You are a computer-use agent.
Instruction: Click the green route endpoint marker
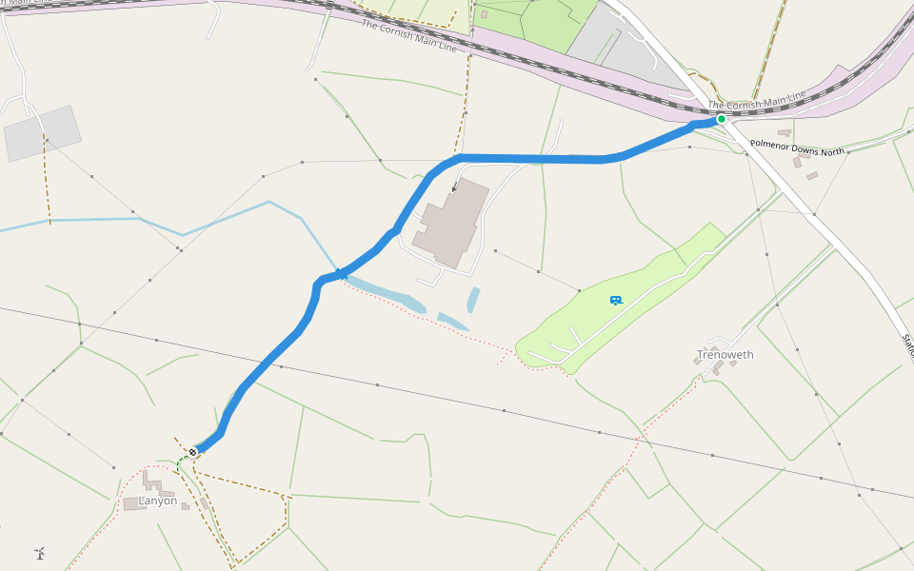tap(722, 119)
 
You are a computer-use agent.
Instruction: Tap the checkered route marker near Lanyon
tap(192, 451)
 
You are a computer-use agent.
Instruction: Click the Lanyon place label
tap(158, 501)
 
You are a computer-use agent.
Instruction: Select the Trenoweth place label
tap(725, 355)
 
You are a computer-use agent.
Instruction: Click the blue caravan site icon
tap(616, 300)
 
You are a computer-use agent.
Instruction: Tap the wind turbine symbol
tap(40, 552)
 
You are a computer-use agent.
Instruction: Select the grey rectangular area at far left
tap(43, 133)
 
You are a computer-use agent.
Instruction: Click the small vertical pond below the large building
tap(473, 300)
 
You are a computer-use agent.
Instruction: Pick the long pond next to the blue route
tap(386, 293)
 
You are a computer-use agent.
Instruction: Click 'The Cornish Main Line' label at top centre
tap(408, 35)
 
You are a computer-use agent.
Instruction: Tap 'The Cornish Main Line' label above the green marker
tap(757, 99)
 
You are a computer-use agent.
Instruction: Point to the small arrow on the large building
tap(454, 188)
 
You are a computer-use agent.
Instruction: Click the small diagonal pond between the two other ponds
tap(452, 321)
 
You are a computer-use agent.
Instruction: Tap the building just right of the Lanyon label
tap(185, 506)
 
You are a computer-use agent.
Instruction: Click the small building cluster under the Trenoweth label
tap(716, 365)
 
